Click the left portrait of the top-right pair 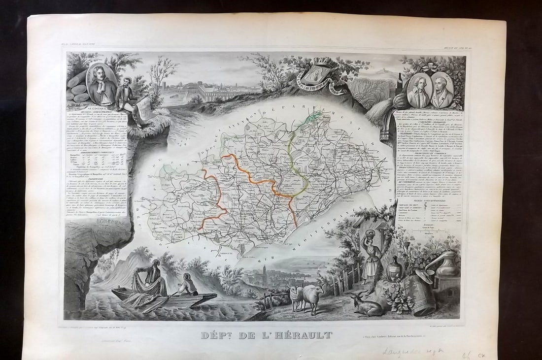click(x=420, y=90)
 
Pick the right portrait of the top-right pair click(x=442, y=90)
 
